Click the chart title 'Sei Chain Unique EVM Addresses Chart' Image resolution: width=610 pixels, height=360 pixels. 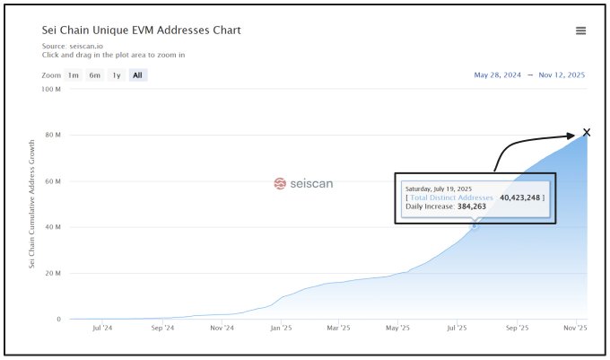point(142,31)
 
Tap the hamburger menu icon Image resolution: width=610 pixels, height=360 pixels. point(580,31)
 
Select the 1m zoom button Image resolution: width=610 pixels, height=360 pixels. point(74,75)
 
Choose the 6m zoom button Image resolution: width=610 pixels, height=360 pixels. point(94,75)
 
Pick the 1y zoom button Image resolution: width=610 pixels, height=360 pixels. point(117,75)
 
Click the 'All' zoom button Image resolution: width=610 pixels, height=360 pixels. point(137,75)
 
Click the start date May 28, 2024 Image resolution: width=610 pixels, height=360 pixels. point(498,75)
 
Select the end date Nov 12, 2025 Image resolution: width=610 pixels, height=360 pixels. point(561,75)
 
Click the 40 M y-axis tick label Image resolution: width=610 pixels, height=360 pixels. point(52,227)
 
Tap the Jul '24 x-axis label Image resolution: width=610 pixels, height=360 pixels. point(102,329)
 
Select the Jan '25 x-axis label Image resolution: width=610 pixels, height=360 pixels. point(281,329)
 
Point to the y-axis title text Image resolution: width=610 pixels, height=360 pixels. point(32,203)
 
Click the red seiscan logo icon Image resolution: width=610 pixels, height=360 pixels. point(279,183)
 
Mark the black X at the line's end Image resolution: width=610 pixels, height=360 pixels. point(587,133)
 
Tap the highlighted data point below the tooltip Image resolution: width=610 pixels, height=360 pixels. point(475,225)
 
